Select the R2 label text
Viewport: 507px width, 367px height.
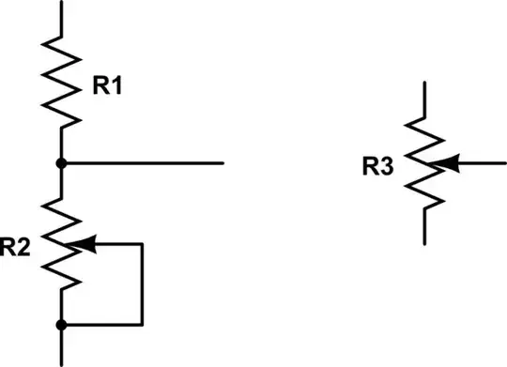click(x=17, y=248)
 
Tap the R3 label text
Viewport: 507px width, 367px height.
click(x=379, y=168)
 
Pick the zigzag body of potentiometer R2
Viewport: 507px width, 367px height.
click(x=62, y=244)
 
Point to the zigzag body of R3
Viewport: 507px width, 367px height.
click(x=427, y=164)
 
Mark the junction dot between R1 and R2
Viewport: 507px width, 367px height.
click(x=62, y=162)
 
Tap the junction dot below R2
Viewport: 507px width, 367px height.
click(x=62, y=325)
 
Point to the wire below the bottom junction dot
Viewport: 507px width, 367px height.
click(x=62, y=347)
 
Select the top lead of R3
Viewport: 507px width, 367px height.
click(x=427, y=99)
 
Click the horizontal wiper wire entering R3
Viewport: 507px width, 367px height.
click(x=484, y=164)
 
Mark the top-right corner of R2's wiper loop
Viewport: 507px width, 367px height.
click(x=142, y=244)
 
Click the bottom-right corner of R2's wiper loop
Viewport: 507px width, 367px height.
click(x=142, y=325)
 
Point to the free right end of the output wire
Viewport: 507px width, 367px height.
click(x=223, y=162)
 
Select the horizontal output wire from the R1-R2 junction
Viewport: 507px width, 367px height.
click(x=141, y=162)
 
